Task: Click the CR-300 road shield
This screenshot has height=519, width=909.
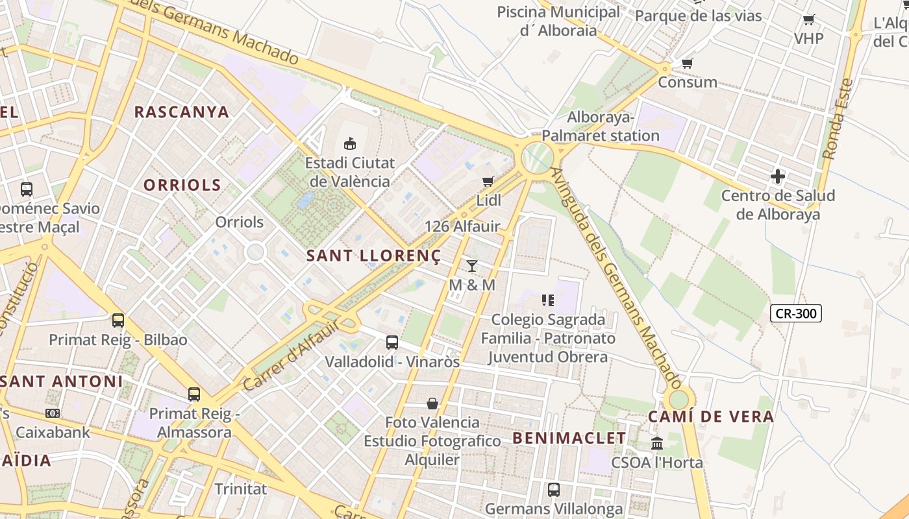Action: [796, 314]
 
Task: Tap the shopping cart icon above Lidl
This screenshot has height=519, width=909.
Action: [488, 181]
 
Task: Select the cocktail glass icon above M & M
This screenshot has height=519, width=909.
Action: [472, 266]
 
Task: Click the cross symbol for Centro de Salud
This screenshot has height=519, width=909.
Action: [777, 176]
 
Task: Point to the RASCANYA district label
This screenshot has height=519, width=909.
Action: [182, 112]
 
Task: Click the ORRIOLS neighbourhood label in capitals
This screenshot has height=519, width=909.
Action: [182, 185]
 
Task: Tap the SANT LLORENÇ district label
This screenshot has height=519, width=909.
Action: [373, 256]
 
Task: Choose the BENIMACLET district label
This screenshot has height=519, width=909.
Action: [569, 438]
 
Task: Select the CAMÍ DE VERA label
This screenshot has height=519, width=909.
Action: [712, 416]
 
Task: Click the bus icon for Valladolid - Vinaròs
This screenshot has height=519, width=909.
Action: [392, 342]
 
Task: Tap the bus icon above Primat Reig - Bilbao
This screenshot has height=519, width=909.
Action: [118, 320]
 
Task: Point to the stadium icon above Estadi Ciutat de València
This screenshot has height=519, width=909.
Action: [350, 143]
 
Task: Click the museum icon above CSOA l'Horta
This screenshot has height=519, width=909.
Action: [657, 444]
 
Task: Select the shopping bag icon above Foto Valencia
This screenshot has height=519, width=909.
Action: [432, 404]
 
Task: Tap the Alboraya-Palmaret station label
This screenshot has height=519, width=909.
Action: [601, 127]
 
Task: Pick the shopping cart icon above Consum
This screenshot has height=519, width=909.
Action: [687, 63]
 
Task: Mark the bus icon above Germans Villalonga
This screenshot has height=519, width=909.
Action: [554, 490]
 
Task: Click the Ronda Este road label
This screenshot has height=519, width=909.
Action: [837, 119]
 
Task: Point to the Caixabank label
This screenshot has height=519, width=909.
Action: [53, 431]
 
